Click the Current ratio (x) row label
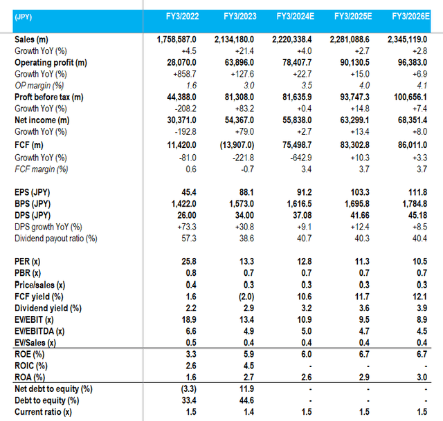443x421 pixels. (44, 413)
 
